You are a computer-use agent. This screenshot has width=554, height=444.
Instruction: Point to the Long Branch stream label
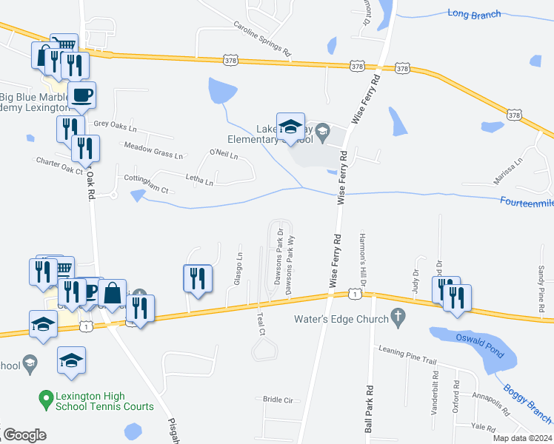(x=474, y=14)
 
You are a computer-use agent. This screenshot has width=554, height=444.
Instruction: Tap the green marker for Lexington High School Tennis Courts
(x=46, y=397)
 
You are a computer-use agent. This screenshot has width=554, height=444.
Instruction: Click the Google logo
(x=24, y=434)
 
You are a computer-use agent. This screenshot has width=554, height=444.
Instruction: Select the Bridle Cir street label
(x=278, y=400)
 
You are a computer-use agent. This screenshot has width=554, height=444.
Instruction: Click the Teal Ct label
(x=260, y=323)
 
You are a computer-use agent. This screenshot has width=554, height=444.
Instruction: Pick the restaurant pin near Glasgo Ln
(x=197, y=278)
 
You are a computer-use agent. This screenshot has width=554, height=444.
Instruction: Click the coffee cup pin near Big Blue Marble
(x=81, y=95)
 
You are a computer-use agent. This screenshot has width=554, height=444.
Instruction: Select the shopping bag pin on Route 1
(x=113, y=293)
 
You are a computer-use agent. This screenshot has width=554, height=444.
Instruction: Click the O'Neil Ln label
(x=224, y=155)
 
